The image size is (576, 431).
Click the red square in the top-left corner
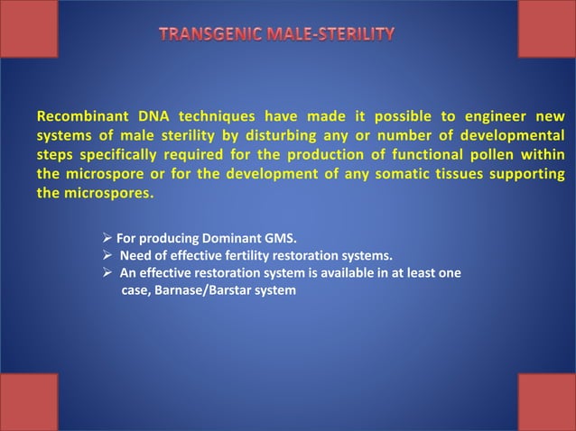click(x=29, y=28)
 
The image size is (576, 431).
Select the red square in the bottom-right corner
click(x=546, y=402)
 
